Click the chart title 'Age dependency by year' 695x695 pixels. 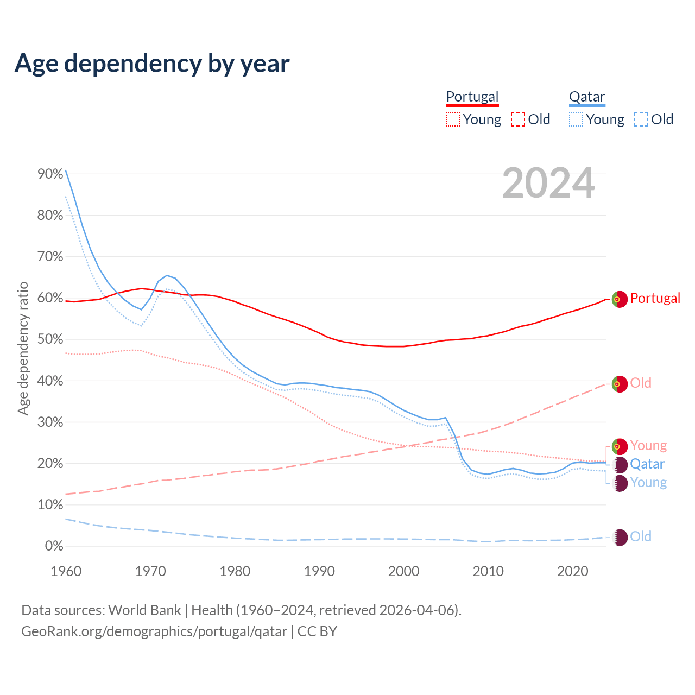152,64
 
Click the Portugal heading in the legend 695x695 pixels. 472,97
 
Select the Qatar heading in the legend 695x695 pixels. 586,97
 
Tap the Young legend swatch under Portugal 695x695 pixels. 452,119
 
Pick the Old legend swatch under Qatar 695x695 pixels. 641,119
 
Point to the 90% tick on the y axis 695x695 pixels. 50,174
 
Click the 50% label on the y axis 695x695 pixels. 50,340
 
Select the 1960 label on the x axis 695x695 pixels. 66,571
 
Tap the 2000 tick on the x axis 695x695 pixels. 404,571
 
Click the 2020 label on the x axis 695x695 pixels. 573,571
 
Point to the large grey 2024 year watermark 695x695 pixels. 548,184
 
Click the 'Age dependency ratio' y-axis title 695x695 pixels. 23,348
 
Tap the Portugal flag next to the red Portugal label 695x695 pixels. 620,299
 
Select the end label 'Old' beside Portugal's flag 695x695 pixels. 641,383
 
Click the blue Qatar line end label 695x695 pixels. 647,464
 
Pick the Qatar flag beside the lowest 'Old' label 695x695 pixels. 620,538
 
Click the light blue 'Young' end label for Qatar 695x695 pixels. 648,483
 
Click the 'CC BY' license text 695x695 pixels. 317,631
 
